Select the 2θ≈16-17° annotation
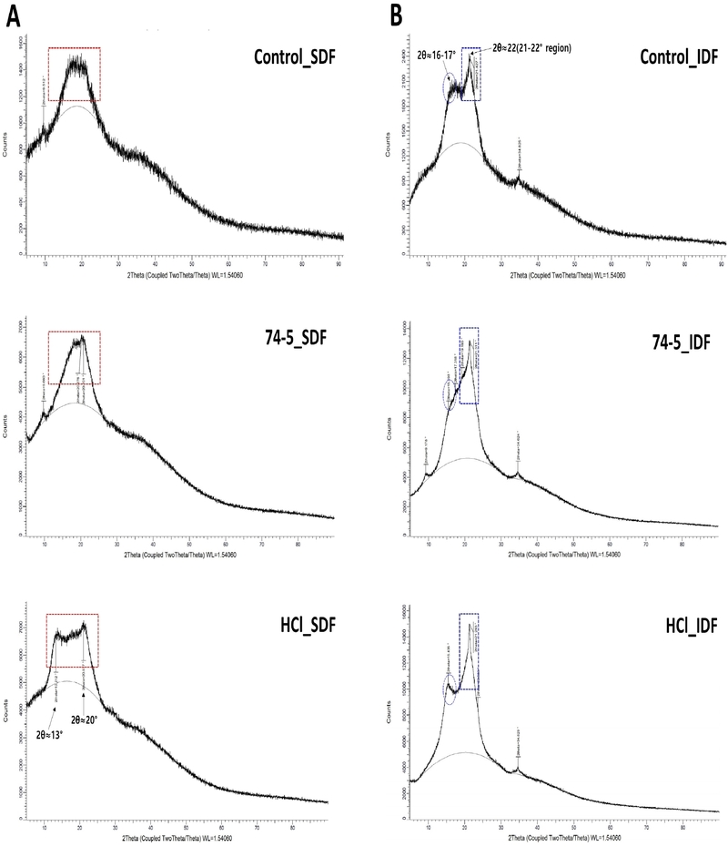[x=432, y=54]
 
